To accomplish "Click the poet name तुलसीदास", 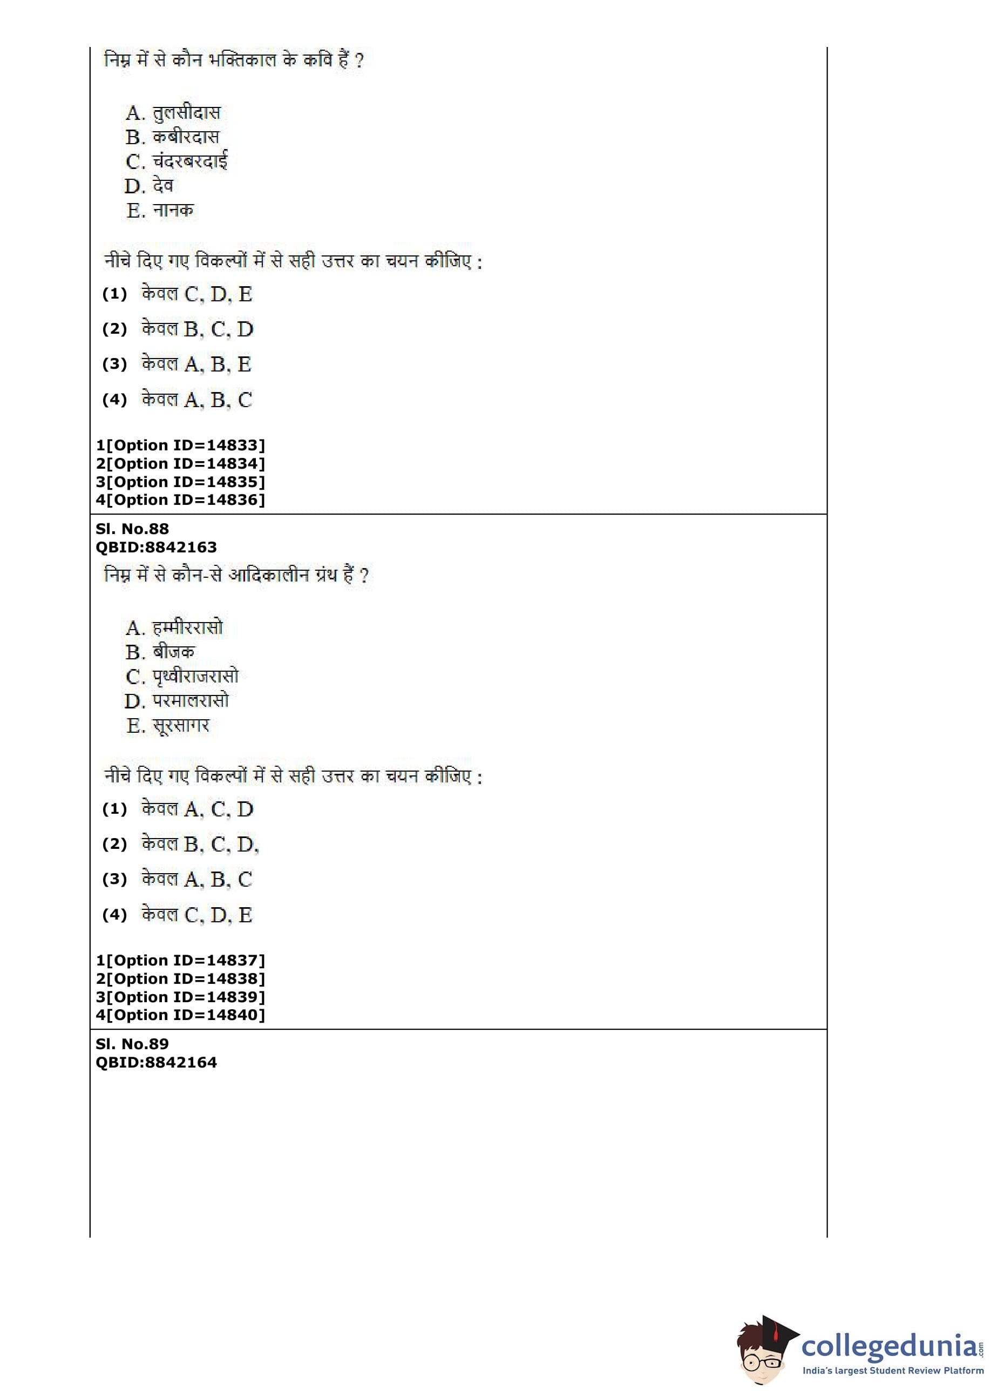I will [186, 113].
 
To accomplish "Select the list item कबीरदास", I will [186, 137].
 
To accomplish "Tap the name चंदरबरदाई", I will [190, 162].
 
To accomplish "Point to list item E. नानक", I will [160, 211].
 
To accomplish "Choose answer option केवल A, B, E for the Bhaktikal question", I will [196, 364].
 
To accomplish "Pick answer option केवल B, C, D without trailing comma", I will [197, 329].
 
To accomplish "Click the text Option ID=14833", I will [181, 445].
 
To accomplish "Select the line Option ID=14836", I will [181, 500].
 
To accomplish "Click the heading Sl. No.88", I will [132, 529].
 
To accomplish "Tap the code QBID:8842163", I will [156, 547].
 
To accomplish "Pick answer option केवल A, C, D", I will [197, 809].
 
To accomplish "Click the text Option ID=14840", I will [181, 1015].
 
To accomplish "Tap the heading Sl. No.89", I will [132, 1044].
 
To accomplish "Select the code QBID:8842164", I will [156, 1062].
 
